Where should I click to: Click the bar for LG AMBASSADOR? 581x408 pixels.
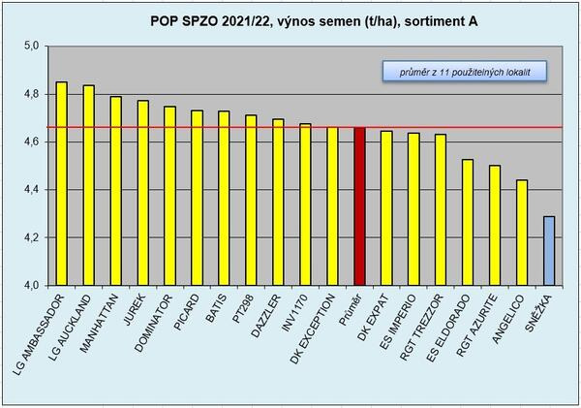coord(62,184)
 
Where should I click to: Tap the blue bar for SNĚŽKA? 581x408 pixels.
coord(549,251)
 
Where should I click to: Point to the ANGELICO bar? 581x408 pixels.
coord(522,233)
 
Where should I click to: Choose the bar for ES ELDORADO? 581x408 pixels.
coord(468,222)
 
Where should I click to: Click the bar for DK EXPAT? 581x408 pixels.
coord(386,208)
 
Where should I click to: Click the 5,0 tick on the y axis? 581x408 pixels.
coord(30,47)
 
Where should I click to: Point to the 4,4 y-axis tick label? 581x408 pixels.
coord(30,190)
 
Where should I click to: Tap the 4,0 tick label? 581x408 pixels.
coord(30,286)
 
